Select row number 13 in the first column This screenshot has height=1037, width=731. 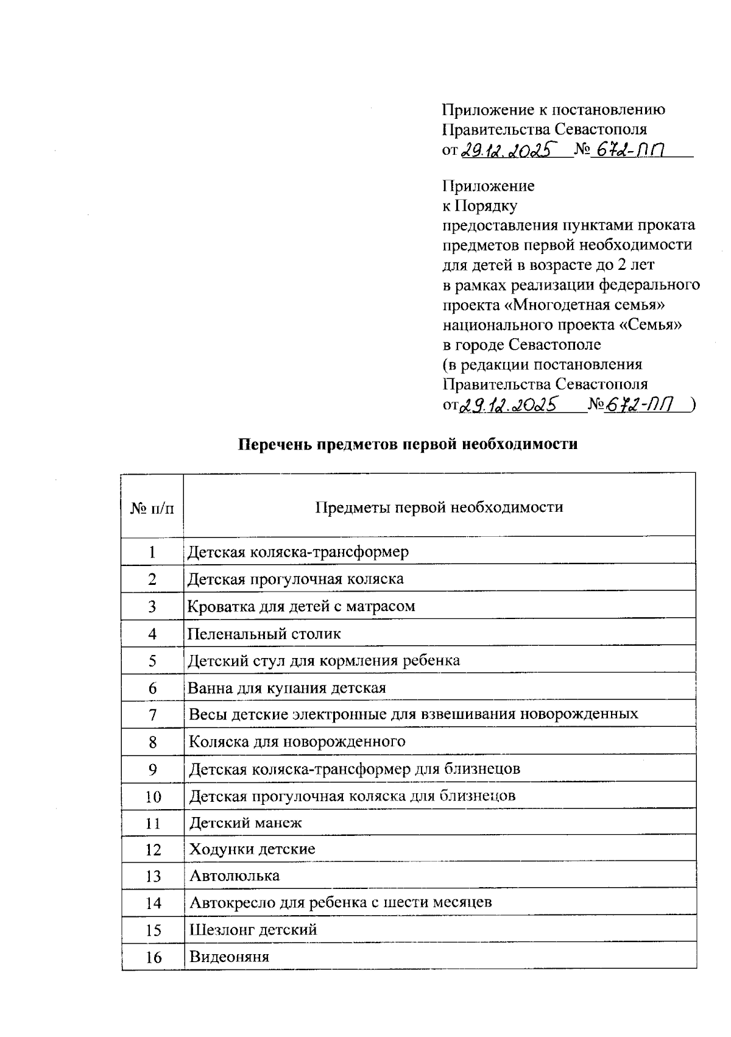click(152, 876)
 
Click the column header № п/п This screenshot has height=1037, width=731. click(152, 508)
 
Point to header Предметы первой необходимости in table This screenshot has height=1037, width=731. click(439, 507)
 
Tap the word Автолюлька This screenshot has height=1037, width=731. click(234, 876)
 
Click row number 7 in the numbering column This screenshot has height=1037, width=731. click(152, 715)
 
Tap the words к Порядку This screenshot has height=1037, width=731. click(479, 205)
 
